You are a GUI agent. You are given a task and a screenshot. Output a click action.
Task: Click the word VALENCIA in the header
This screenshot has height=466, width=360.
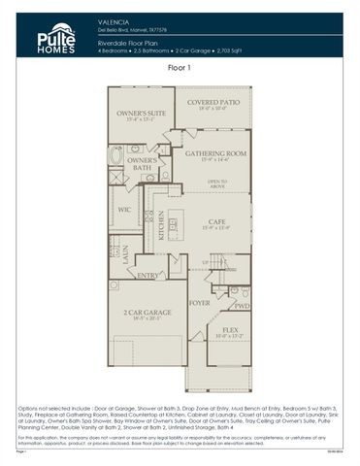coord(114,20)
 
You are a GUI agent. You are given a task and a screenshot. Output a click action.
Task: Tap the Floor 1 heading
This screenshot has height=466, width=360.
coord(180,68)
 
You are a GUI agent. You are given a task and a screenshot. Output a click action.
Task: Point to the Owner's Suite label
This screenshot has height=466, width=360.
coord(137,114)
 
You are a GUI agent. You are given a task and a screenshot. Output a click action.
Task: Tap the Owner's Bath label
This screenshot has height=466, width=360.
coord(142,163)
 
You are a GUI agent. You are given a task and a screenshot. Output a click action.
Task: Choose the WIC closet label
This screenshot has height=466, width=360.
coord(124,208)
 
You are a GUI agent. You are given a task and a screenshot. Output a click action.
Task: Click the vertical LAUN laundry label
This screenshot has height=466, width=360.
coord(125,251)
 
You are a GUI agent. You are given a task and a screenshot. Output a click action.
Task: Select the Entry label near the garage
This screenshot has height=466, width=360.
coord(147,276)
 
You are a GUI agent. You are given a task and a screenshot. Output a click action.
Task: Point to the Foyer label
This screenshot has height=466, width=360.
coord(199,303)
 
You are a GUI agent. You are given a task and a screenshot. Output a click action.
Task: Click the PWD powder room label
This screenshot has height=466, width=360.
coord(242,306)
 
